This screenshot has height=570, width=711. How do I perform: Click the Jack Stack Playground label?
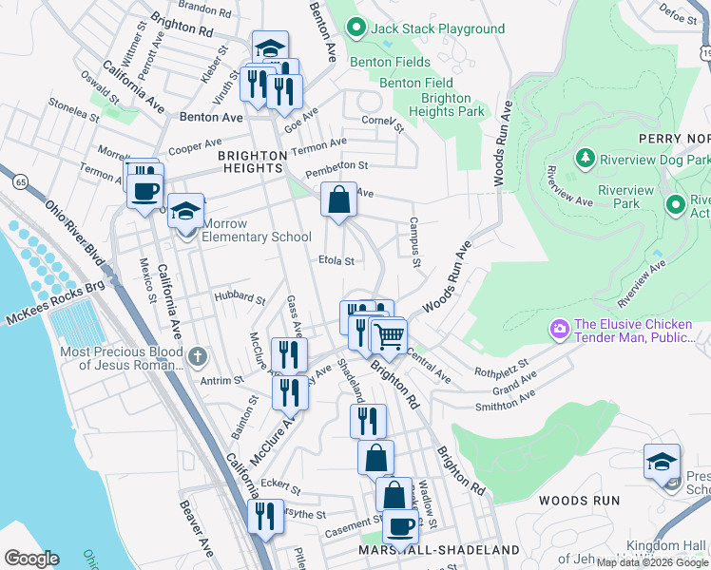[437, 29]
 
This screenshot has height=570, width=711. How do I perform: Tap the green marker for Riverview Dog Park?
[586, 156]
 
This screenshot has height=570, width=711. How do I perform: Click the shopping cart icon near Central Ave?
[389, 336]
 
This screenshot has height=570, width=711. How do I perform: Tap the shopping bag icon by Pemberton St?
[338, 199]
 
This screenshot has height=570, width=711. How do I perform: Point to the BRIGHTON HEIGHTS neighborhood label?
[252, 156]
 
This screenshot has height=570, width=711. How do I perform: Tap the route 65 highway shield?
[19, 179]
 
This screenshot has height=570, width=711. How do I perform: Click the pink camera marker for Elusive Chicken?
[558, 329]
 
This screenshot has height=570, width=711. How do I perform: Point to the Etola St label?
[336, 260]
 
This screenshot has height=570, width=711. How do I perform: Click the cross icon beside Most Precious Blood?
[198, 358]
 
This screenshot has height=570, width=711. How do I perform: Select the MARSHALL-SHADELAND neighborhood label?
[439, 550]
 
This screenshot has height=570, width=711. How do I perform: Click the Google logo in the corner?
[31, 559]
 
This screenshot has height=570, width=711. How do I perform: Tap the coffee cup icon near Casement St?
[400, 524]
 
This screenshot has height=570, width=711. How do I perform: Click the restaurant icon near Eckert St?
[265, 516]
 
